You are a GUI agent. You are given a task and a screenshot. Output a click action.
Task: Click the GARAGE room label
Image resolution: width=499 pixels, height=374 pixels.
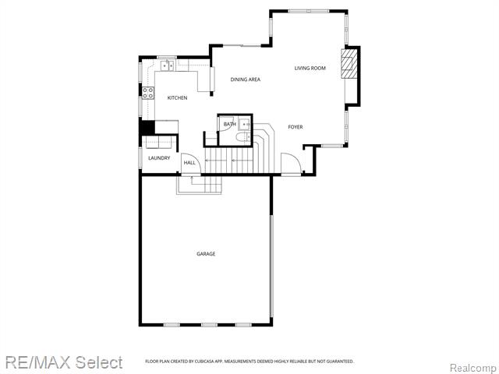[x=206, y=254]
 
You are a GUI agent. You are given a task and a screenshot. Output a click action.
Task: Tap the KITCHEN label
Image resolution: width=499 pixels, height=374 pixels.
[x=177, y=98]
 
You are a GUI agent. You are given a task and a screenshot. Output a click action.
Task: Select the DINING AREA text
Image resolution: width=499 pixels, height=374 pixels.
[x=246, y=79]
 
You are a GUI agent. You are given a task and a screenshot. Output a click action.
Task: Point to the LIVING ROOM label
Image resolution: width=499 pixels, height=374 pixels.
[x=310, y=68]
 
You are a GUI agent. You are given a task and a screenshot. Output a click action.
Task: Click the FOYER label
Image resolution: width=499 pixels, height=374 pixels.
[x=296, y=127]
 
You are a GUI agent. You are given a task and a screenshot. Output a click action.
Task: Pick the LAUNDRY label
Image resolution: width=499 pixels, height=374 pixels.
[x=159, y=158]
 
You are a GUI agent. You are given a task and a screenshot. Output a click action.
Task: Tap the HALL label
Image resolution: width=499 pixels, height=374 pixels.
[x=189, y=163]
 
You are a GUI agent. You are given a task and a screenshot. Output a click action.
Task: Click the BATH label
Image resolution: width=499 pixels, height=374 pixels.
[x=230, y=124]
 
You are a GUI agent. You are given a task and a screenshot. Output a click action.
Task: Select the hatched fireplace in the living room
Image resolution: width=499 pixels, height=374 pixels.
[x=349, y=64]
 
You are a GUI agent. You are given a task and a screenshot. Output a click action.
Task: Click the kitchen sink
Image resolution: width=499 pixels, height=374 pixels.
[x=168, y=65]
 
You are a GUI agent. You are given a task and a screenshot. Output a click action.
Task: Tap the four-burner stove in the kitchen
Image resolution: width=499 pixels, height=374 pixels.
[x=148, y=93]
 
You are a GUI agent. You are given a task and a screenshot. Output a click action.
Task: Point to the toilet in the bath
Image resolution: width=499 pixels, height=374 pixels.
[x=243, y=137]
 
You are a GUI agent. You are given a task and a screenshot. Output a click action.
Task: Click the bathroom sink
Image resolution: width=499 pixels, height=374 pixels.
[x=245, y=125]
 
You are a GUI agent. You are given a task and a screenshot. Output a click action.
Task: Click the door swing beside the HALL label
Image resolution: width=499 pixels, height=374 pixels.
[x=191, y=164]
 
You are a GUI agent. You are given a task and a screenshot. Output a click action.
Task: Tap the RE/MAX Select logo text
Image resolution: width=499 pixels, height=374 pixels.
[x=64, y=362]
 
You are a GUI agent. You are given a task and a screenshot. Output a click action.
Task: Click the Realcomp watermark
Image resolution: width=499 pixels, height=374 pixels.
[x=474, y=368]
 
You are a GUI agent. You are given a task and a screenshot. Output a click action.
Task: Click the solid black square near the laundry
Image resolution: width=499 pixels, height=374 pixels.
[x=147, y=127]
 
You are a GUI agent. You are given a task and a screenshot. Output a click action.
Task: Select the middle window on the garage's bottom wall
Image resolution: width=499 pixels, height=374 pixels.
[x=209, y=325]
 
